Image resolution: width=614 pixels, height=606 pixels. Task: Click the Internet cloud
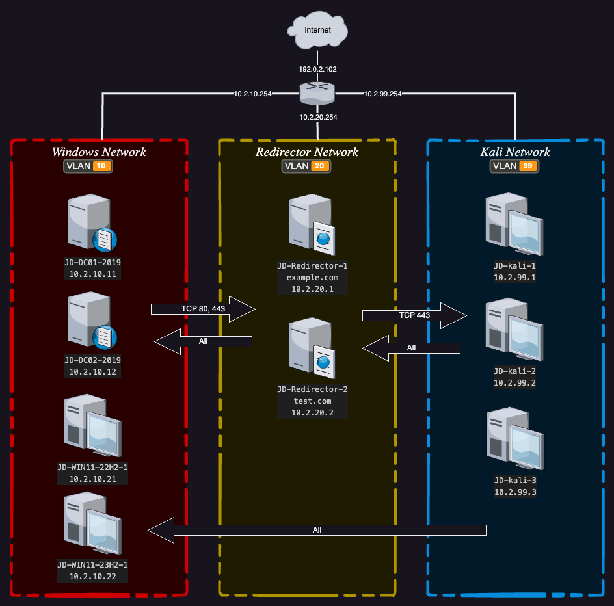[x=317, y=31]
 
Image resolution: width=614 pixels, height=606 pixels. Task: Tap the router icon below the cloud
[x=317, y=94]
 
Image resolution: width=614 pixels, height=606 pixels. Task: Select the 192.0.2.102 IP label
[x=317, y=69]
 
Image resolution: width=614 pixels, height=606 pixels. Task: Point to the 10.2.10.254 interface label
[x=252, y=94]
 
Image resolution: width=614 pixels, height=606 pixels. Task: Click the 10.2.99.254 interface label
[x=382, y=94]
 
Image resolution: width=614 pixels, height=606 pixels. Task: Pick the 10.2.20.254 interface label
[x=317, y=118]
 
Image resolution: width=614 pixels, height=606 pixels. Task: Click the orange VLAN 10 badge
[x=101, y=166]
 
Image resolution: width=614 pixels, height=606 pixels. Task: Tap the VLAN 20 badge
[x=318, y=166]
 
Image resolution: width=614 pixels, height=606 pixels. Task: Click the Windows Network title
[x=99, y=152]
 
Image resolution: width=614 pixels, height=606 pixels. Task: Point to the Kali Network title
[x=514, y=152]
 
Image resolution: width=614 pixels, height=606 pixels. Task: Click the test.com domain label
[x=312, y=401]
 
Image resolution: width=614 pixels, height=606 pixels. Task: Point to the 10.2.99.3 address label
[x=514, y=492]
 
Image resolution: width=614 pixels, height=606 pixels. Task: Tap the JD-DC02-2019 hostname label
[x=92, y=360]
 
